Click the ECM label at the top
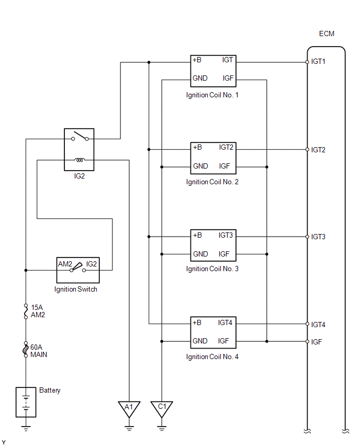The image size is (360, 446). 327,34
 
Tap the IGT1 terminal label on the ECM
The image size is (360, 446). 318,61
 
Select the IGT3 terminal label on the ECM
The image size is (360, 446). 318,237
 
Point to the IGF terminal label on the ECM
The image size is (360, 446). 317,342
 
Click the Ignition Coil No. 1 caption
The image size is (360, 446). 212,95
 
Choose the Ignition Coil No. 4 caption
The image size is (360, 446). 212,356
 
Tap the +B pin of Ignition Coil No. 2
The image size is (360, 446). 197,147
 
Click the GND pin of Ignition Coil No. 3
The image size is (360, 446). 200,254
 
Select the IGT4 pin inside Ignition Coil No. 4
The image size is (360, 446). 225,322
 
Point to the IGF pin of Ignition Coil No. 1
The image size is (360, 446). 228,78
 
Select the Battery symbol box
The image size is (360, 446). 26,402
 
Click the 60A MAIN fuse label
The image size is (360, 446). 39,351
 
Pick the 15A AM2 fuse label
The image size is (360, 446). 38,311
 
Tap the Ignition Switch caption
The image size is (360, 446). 76,289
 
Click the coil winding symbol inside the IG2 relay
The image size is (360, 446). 80,160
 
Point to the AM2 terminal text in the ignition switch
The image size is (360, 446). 65,264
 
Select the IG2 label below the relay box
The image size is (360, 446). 80,176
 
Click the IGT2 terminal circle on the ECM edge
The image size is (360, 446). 307,150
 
